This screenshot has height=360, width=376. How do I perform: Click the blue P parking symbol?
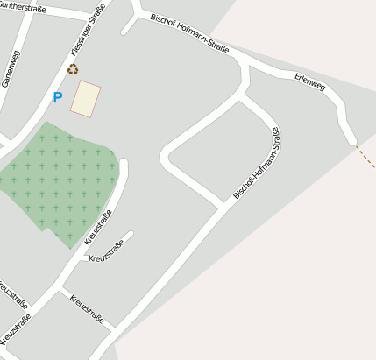point(58,98)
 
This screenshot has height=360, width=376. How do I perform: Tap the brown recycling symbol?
point(72,68)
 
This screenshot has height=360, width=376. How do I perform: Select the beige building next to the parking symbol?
point(86,98)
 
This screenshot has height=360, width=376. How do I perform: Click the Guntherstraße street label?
point(21,8)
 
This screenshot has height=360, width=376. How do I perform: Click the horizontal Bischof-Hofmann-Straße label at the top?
point(189,32)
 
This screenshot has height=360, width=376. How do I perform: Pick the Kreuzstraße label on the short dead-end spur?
point(106,251)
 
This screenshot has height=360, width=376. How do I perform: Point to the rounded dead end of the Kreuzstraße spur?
point(131,235)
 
